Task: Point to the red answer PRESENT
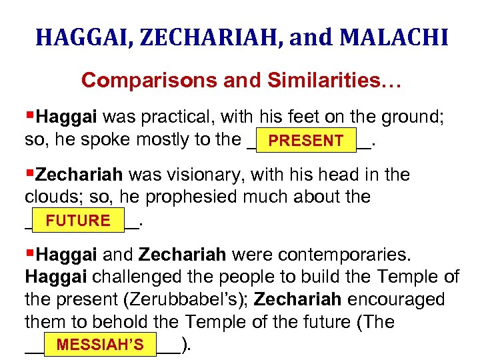[x=306, y=141]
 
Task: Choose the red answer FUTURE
[x=78, y=221]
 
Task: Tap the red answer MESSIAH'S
[x=100, y=345]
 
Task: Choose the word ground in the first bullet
[x=409, y=118]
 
